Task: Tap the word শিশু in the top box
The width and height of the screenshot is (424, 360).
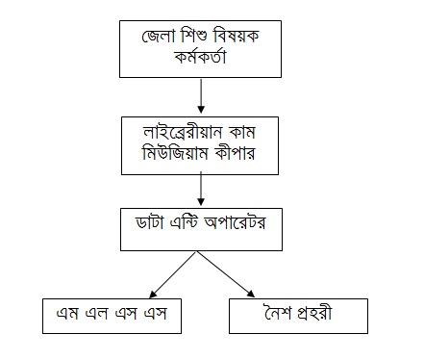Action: [x=193, y=36]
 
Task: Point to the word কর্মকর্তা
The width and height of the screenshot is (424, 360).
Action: [x=201, y=57]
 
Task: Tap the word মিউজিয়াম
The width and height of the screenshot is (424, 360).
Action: [x=175, y=152]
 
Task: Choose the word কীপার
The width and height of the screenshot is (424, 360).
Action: [x=236, y=152]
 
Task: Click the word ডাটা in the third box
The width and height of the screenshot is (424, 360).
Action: [x=150, y=222]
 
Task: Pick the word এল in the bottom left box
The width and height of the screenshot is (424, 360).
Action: [x=96, y=314]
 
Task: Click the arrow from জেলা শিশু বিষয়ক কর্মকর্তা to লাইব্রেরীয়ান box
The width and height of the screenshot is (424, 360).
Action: [x=201, y=96]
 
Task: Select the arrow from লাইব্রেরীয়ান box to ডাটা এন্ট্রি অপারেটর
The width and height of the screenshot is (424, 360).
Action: [x=201, y=189]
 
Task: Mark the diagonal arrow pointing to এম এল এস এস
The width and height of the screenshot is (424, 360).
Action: [x=173, y=274]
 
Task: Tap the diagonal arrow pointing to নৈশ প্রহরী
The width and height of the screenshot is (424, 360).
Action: [x=226, y=274]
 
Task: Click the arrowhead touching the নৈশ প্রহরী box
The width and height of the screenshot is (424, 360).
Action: [x=251, y=294]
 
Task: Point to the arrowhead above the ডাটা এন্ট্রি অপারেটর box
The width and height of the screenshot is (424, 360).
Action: [x=201, y=202]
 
